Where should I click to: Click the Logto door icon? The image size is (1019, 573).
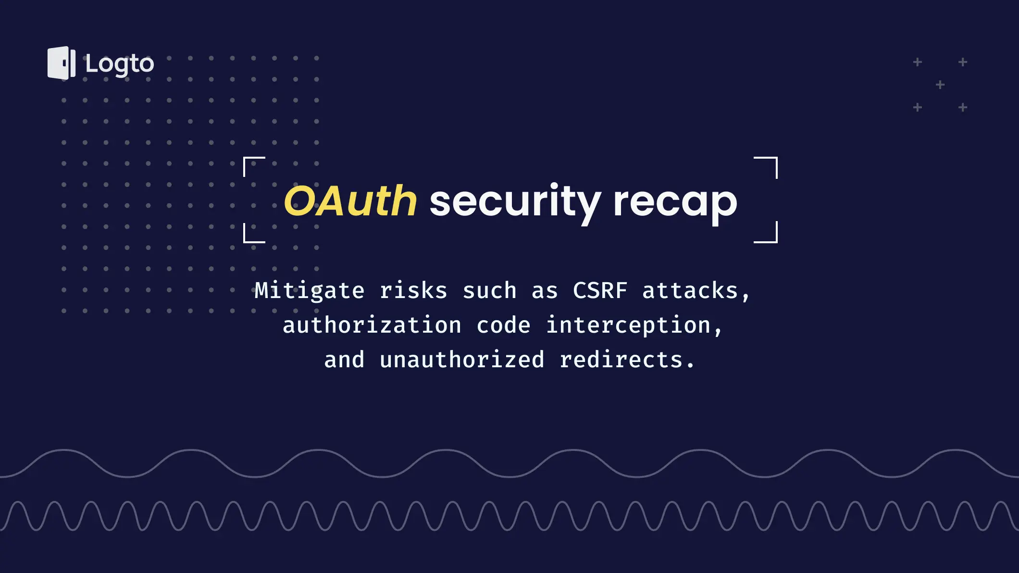62,63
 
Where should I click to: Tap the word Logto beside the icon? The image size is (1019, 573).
120,64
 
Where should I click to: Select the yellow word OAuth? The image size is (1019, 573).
350,201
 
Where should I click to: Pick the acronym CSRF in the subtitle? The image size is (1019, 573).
600,290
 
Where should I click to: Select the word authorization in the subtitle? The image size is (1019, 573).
372,325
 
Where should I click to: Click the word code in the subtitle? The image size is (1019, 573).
503,325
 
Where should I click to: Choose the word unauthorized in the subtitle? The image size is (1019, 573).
462,360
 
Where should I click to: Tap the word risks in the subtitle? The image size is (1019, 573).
413,291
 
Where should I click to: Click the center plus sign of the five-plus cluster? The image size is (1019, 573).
940,85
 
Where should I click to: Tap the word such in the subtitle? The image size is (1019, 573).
489,291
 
